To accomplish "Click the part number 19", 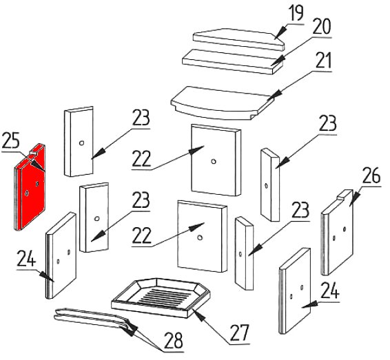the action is pos(296,13).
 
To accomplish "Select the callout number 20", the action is pos(322,26).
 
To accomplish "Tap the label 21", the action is pos(323,61).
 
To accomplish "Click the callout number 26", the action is pos(371,176).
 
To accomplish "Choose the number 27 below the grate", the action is pos(239,333).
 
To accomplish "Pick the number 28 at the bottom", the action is pos(174,340).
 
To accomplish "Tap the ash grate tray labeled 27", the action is pos(161,297).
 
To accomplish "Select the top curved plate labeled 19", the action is pos(238,39).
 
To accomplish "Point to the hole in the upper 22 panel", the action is pos(213,162).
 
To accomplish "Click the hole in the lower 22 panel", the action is pos(199,237).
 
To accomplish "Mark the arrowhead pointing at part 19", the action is pos(280,32).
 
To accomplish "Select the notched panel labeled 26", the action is pos(338,232).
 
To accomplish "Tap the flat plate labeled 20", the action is pos(233,61).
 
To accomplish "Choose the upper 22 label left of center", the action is pos(141,159).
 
